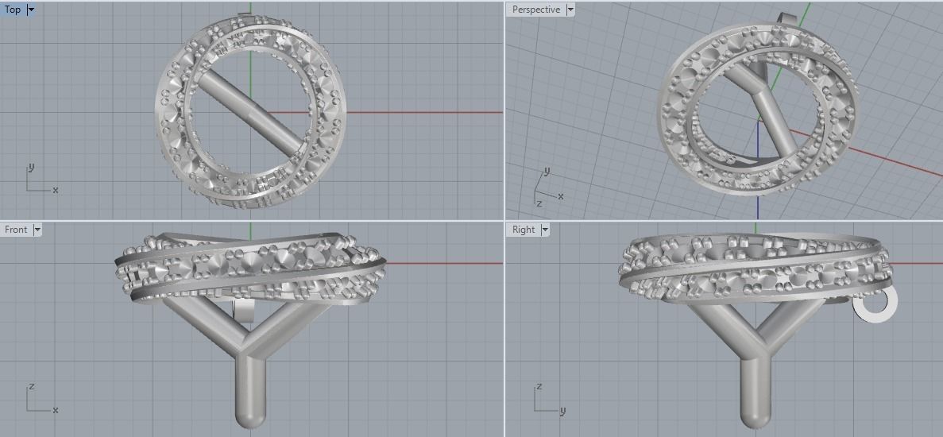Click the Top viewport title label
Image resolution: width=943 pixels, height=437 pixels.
13,10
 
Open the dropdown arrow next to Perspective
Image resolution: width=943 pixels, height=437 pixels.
570,10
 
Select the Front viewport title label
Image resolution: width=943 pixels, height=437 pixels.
16,230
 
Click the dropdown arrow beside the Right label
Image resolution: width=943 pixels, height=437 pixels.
545,230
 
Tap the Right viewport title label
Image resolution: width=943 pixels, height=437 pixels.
524,230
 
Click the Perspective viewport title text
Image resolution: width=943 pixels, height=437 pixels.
535,10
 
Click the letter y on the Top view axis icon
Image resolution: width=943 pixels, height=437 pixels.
31,168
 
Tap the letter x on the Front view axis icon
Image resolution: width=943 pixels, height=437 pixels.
55,410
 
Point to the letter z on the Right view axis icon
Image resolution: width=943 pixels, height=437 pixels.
539,387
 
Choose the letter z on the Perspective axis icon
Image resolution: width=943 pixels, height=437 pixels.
539,203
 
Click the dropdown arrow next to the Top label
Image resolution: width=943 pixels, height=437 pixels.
31,10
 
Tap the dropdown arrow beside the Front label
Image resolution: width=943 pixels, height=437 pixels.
37,230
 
